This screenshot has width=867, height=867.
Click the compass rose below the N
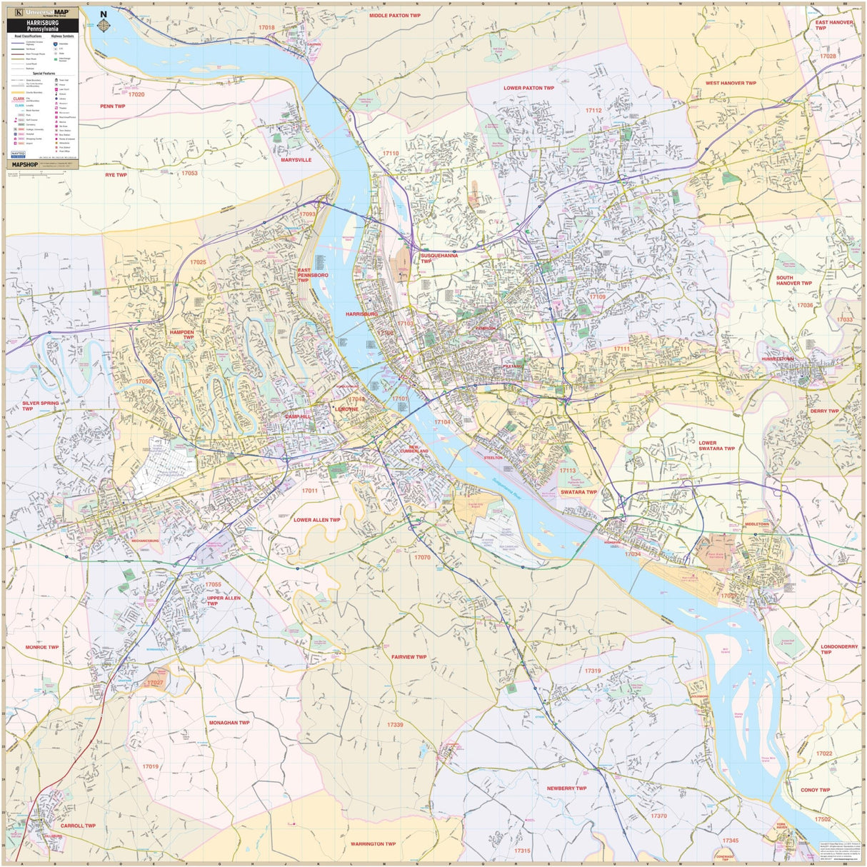104,26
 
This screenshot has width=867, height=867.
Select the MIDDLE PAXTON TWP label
394,15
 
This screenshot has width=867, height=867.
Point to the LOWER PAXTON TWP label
528,88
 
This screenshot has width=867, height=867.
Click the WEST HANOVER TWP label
731,83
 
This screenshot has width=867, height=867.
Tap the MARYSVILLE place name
296,160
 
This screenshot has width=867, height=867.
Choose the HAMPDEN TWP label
181,334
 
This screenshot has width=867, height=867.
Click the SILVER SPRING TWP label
40,406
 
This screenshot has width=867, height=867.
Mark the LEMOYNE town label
346,409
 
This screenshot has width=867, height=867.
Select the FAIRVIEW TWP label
409,657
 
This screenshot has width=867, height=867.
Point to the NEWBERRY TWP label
566,788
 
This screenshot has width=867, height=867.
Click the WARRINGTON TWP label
373,843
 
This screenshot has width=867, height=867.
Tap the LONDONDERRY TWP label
838,649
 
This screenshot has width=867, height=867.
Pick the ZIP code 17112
593,111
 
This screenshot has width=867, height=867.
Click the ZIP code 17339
395,725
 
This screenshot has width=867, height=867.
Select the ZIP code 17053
189,173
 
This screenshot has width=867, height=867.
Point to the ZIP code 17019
150,766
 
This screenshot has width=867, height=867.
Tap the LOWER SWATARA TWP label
716,446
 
